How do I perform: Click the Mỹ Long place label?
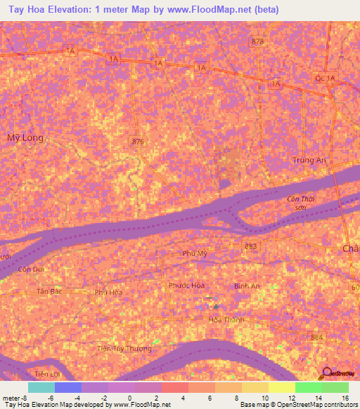(x=25, y=138)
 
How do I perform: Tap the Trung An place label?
(x=310, y=160)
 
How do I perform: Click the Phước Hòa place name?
(x=186, y=285)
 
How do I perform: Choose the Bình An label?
(x=246, y=286)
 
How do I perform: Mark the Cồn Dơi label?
(x=32, y=269)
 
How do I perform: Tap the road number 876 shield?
(x=138, y=142)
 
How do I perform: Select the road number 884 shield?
(x=317, y=338)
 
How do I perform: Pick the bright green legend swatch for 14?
(x=309, y=387)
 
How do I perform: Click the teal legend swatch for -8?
(x=41, y=387)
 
